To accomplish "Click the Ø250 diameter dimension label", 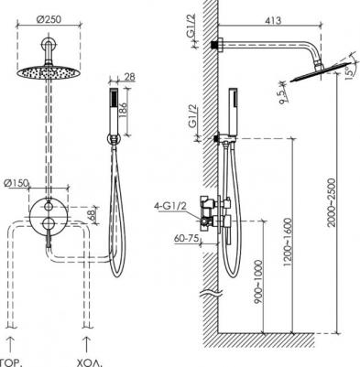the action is (49, 19).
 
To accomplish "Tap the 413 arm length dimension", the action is (273, 21).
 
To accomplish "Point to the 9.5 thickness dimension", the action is (283, 95).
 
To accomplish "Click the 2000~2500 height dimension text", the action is (331, 202).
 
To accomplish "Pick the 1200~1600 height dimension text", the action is (288, 242).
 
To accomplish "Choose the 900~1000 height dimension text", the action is (258, 282).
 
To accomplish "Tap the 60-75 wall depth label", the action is (187, 238).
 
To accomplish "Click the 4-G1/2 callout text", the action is (170, 206).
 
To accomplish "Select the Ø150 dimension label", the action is (16, 184).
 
